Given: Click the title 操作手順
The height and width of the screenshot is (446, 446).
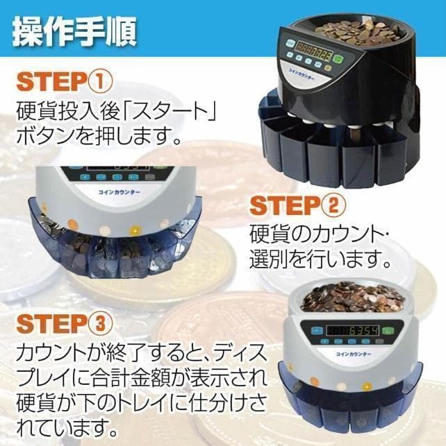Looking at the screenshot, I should (x=74, y=28).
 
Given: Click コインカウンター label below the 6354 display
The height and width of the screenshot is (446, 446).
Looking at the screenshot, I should (x=357, y=355).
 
